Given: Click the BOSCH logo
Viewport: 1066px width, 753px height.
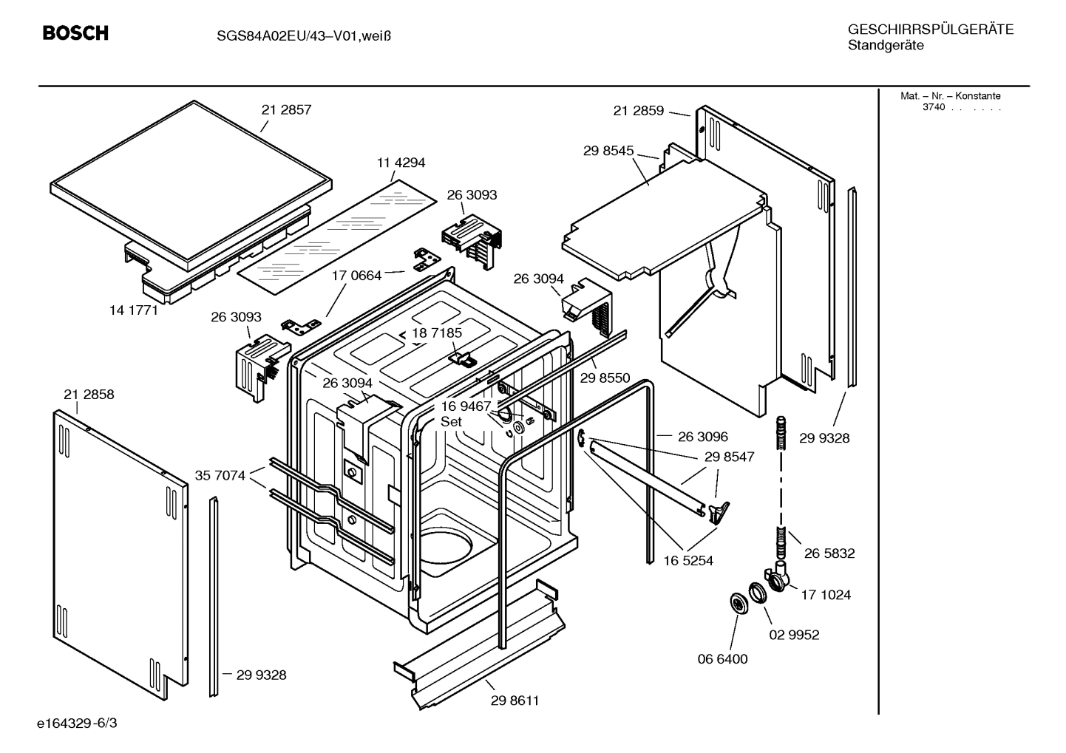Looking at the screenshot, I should pos(75,33).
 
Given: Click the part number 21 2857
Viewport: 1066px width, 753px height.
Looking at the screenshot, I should pos(286,109).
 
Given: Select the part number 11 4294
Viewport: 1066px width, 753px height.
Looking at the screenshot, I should pos(401,163).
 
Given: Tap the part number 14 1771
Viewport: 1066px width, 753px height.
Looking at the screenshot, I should pos(134,310).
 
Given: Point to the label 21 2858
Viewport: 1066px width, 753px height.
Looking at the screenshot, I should pos(89,395).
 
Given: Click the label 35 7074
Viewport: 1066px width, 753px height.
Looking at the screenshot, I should pos(220,475).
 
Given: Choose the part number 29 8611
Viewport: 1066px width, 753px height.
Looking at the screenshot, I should pos(515,701).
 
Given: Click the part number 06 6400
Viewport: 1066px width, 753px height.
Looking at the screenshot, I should pos(723,659).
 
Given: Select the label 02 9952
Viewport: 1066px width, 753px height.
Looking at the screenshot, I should pos(795,635).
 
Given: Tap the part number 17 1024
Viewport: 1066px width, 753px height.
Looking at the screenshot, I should pos(826,595).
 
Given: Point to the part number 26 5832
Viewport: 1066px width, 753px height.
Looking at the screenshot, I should pos(829,553).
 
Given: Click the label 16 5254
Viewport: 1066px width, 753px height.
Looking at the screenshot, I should pos(688,561).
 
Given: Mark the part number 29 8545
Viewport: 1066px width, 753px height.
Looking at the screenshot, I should pos(608,151).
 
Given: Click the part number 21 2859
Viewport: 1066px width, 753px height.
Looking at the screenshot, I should pos(639,111).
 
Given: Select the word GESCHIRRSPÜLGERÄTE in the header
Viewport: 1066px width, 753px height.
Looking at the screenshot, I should pos(931,30).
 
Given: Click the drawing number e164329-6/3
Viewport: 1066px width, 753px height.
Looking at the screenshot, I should pos(77,723).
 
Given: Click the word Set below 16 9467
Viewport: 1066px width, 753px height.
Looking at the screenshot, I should pos(451,422).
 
